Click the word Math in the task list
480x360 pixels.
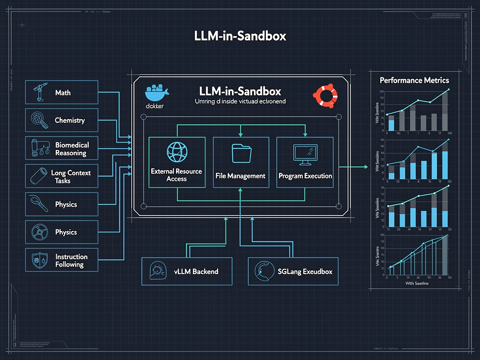[63, 93]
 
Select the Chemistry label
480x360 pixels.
[70, 120]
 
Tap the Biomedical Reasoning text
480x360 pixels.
[72, 149]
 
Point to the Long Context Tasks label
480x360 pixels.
[71, 177]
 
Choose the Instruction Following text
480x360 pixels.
[71, 261]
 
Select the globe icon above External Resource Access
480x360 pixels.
[177, 153]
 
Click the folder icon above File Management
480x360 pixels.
[240, 153]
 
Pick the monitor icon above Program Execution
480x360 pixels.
[305, 154]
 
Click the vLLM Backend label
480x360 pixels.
[196, 271]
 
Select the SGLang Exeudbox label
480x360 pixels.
[305, 271]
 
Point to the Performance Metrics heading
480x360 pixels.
[414, 80]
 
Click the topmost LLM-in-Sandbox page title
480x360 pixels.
[240, 36]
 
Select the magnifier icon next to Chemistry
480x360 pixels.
[38, 120]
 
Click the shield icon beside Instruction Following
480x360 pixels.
[38, 261]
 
